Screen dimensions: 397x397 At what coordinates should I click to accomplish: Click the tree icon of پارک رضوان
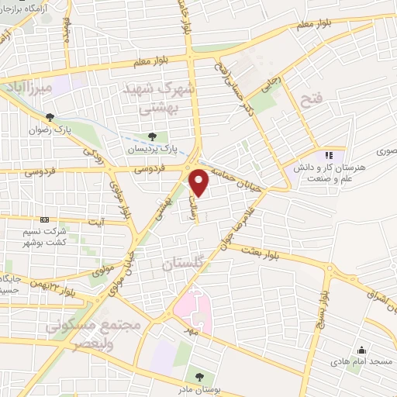(x=50, y=117)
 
